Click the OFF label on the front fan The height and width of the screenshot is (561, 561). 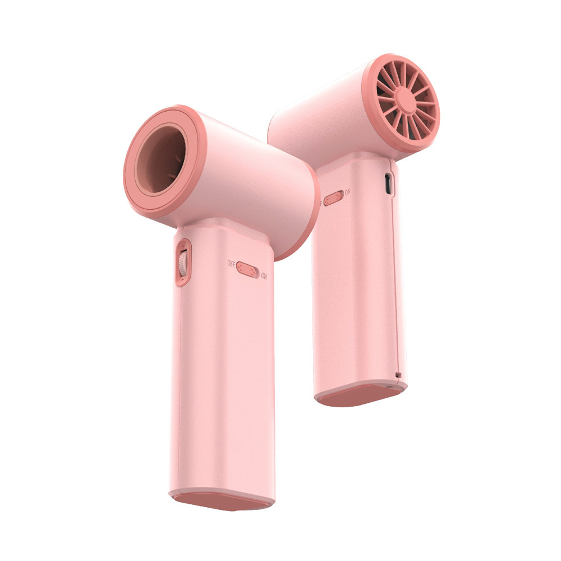[231, 263]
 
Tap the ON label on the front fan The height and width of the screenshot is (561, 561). [264, 276]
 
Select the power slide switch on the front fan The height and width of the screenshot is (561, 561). [247, 269]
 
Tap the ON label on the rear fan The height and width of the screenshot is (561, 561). [348, 192]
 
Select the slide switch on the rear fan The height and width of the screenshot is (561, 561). [333, 197]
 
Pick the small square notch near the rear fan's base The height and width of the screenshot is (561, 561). [398, 374]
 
